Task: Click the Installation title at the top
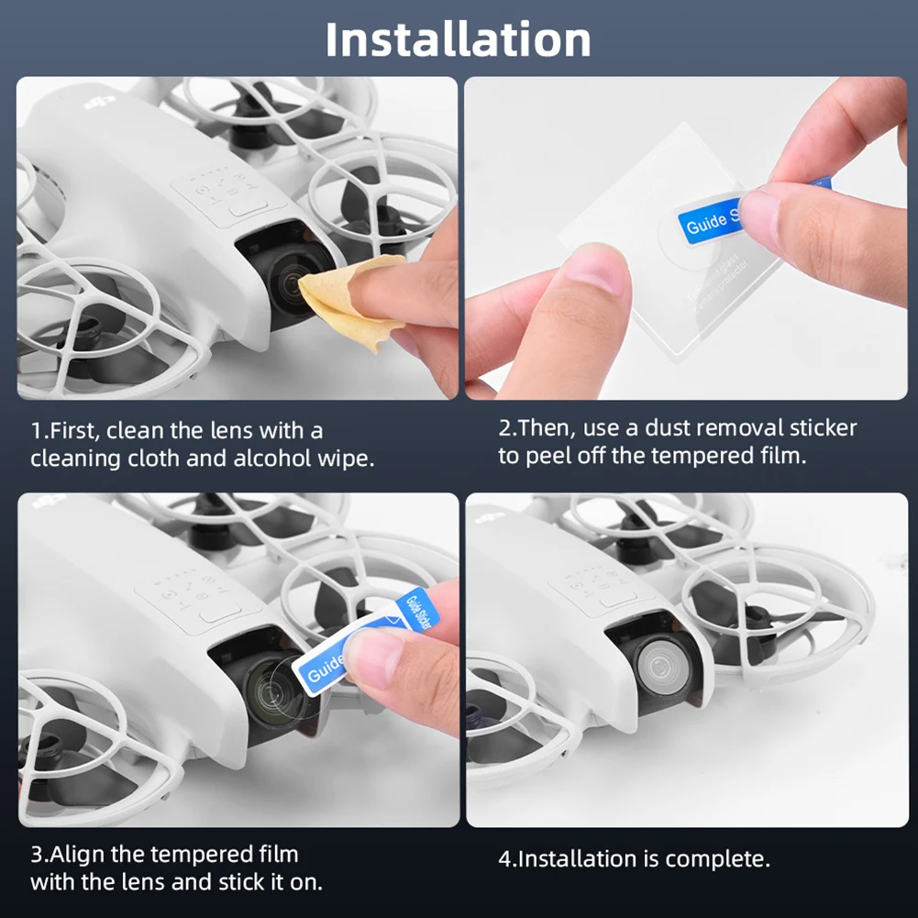click(459, 39)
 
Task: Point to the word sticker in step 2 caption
click(822, 428)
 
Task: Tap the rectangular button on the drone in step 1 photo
click(245, 206)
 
